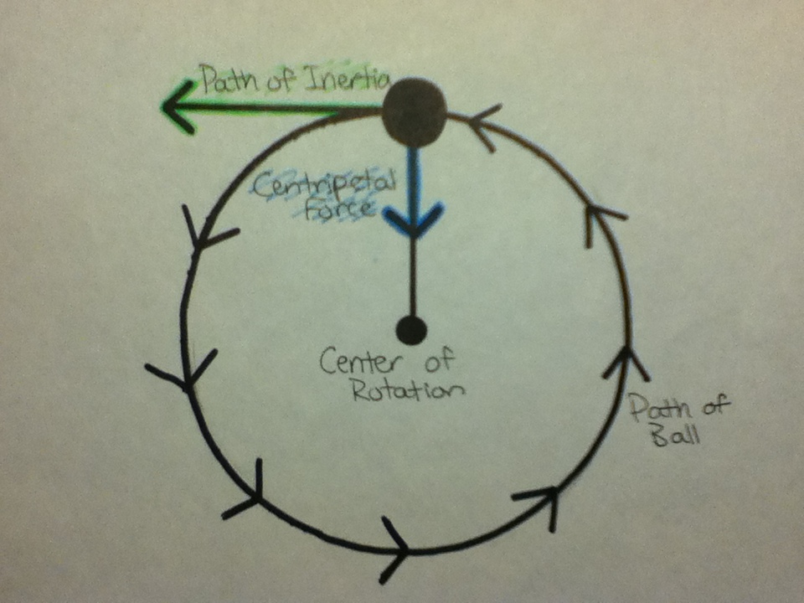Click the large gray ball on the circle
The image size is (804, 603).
point(414,112)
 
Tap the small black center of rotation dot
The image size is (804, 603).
point(411,330)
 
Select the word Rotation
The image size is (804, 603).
point(408,391)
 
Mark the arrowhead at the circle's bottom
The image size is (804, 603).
point(394,549)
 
